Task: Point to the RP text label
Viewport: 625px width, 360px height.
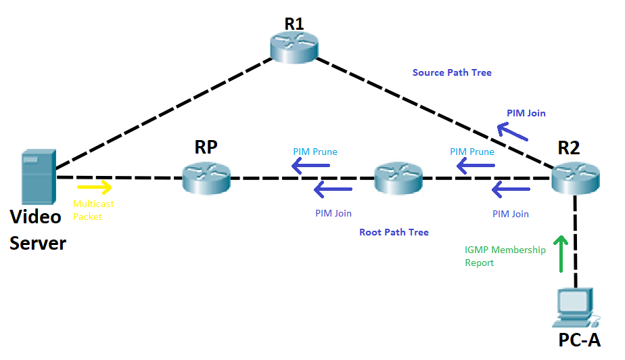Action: (206, 148)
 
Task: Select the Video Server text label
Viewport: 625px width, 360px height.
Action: (38, 230)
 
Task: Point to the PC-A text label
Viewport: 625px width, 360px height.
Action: (580, 340)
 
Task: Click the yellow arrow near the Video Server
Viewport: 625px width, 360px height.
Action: (94, 185)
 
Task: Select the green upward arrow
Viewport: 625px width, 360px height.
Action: (561, 254)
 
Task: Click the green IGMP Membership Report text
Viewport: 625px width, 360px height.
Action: (505, 256)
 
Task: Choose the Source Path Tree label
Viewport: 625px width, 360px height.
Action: (452, 72)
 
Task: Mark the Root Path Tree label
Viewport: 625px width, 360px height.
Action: (394, 232)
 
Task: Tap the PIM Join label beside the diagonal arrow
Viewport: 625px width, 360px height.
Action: (526, 113)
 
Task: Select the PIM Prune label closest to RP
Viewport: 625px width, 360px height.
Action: (315, 152)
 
